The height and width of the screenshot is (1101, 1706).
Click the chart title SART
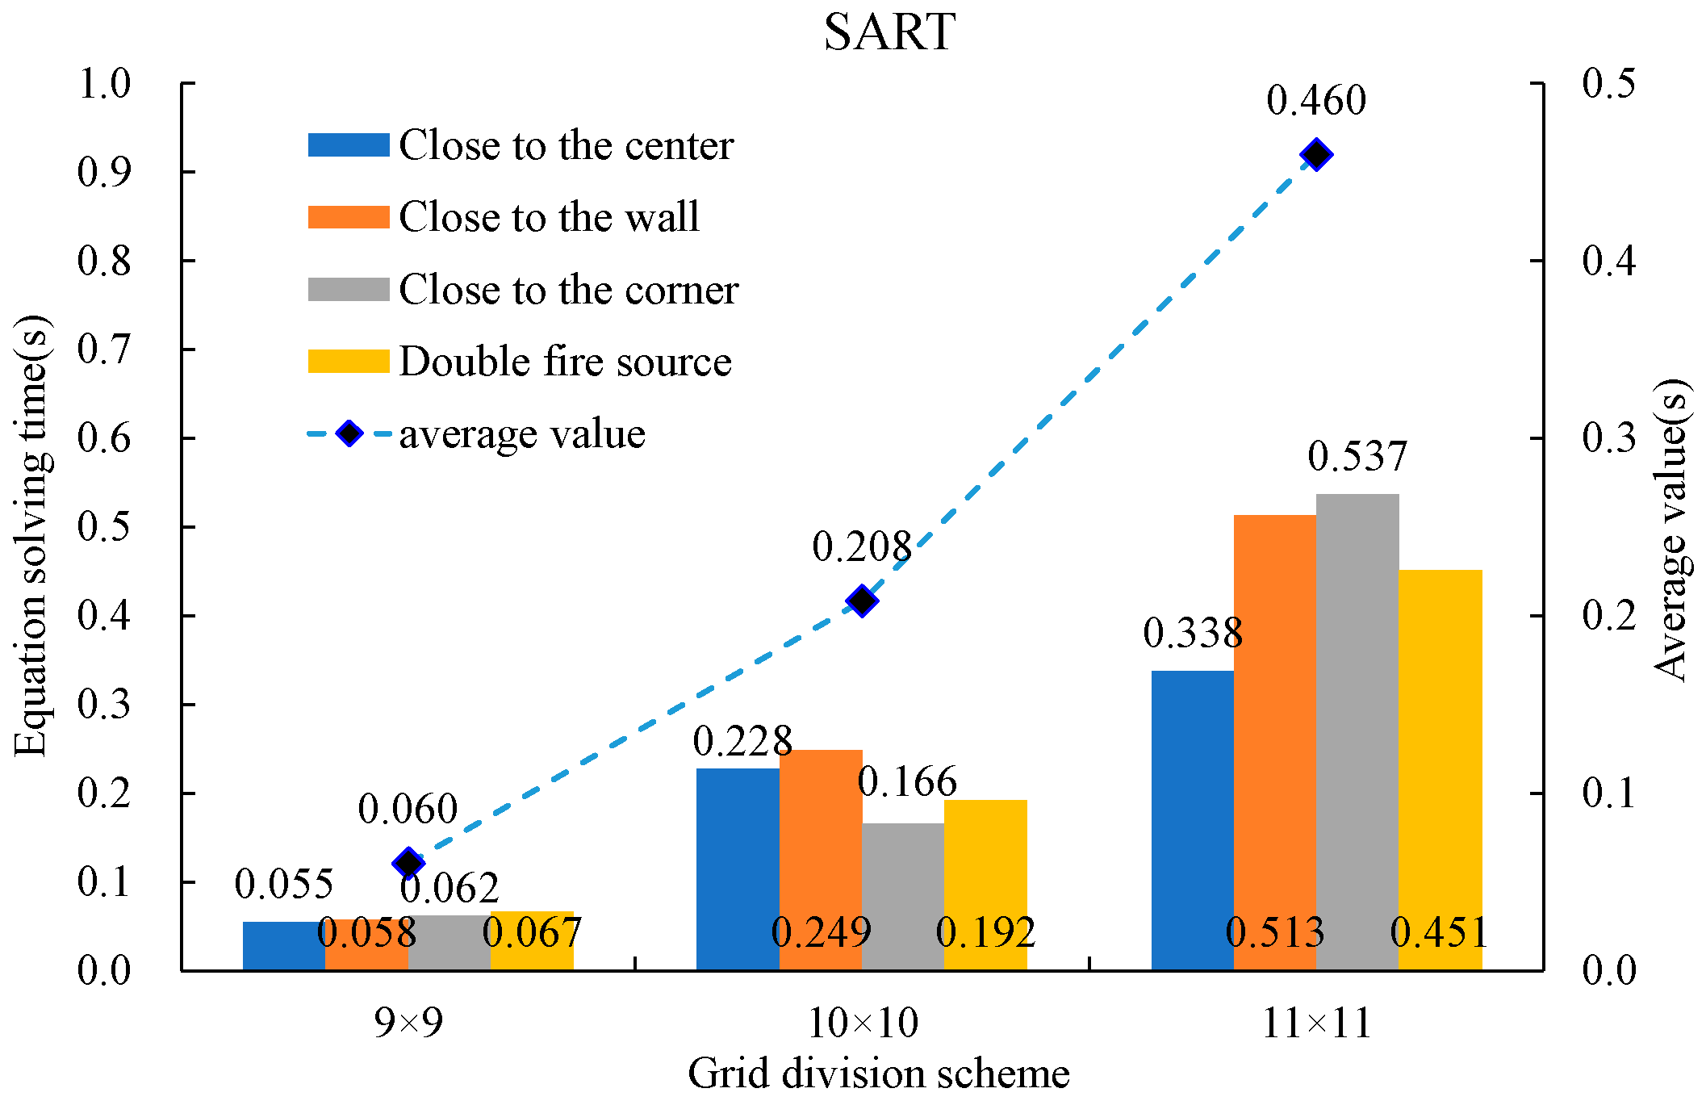[889, 32]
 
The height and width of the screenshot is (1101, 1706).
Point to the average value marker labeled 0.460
[1316, 154]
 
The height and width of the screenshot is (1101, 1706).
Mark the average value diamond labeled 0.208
[862, 601]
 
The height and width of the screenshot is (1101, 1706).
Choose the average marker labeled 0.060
[408, 863]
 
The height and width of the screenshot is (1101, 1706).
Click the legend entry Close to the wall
[549, 216]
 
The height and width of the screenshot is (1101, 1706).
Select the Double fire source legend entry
[565, 361]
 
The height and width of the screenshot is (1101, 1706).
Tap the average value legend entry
[521, 433]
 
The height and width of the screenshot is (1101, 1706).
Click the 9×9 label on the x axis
[408, 1024]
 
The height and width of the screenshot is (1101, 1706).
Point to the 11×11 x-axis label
[1316, 1024]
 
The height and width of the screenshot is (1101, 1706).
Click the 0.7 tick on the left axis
[104, 350]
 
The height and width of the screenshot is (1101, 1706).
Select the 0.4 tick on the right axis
[1608, 260]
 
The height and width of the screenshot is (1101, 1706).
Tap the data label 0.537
[1357, 456]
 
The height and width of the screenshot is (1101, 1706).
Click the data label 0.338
[1193, 633]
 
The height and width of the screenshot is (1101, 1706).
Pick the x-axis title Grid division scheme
[878, 1074]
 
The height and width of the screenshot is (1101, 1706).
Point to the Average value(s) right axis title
[1670, 530]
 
